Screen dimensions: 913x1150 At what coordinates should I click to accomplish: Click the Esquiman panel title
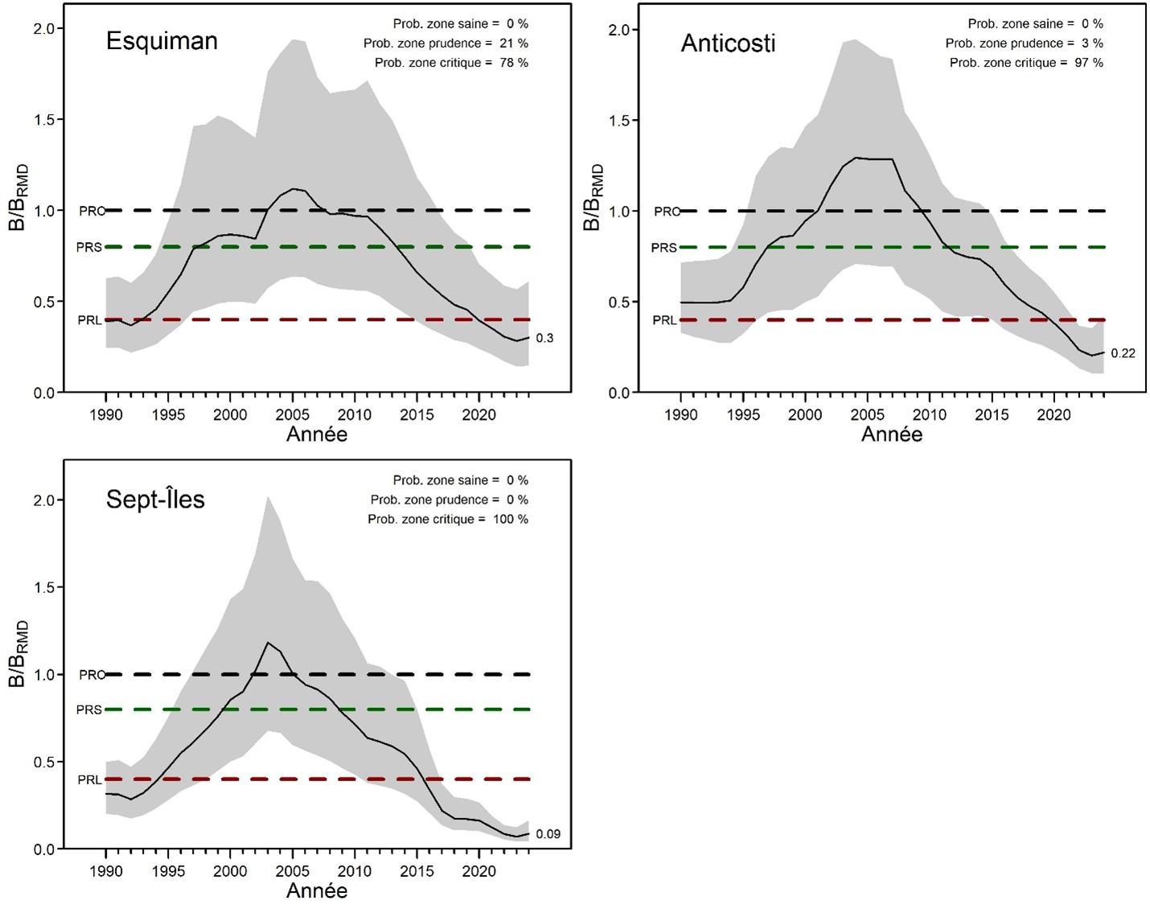point(162,41)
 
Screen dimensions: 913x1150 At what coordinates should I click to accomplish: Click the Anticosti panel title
point(728,43)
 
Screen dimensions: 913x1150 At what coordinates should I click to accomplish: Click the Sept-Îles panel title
point(155,500)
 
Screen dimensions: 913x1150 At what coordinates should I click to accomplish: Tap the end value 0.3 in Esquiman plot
point(544,338)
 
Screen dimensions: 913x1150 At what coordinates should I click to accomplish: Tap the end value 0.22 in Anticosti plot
point(1123,353)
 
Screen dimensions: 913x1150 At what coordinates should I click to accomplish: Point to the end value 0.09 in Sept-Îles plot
point(548,833)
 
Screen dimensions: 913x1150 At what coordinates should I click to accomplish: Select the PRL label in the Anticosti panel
point(664,320)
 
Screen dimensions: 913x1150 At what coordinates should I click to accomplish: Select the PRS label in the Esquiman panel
point(88,247)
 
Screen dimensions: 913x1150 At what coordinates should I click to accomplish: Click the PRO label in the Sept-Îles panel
point(92,675)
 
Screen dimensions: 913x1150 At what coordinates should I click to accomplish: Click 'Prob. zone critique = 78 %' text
point(451,63)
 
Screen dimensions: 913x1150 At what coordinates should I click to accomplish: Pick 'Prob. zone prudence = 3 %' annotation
point(1024,43)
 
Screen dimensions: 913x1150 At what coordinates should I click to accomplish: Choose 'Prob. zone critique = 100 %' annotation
point(448,519)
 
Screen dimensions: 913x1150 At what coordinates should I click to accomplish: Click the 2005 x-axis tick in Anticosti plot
point(867,414)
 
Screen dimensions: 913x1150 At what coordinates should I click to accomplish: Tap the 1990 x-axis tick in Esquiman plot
point(105,414)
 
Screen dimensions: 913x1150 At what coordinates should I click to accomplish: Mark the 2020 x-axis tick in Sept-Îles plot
point(478,871)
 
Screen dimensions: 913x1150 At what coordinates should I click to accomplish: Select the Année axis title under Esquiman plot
point(317,434)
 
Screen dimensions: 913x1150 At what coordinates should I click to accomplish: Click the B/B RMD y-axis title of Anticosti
point(593,197)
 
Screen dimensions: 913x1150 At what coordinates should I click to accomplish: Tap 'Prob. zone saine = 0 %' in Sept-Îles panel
point(460,480)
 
